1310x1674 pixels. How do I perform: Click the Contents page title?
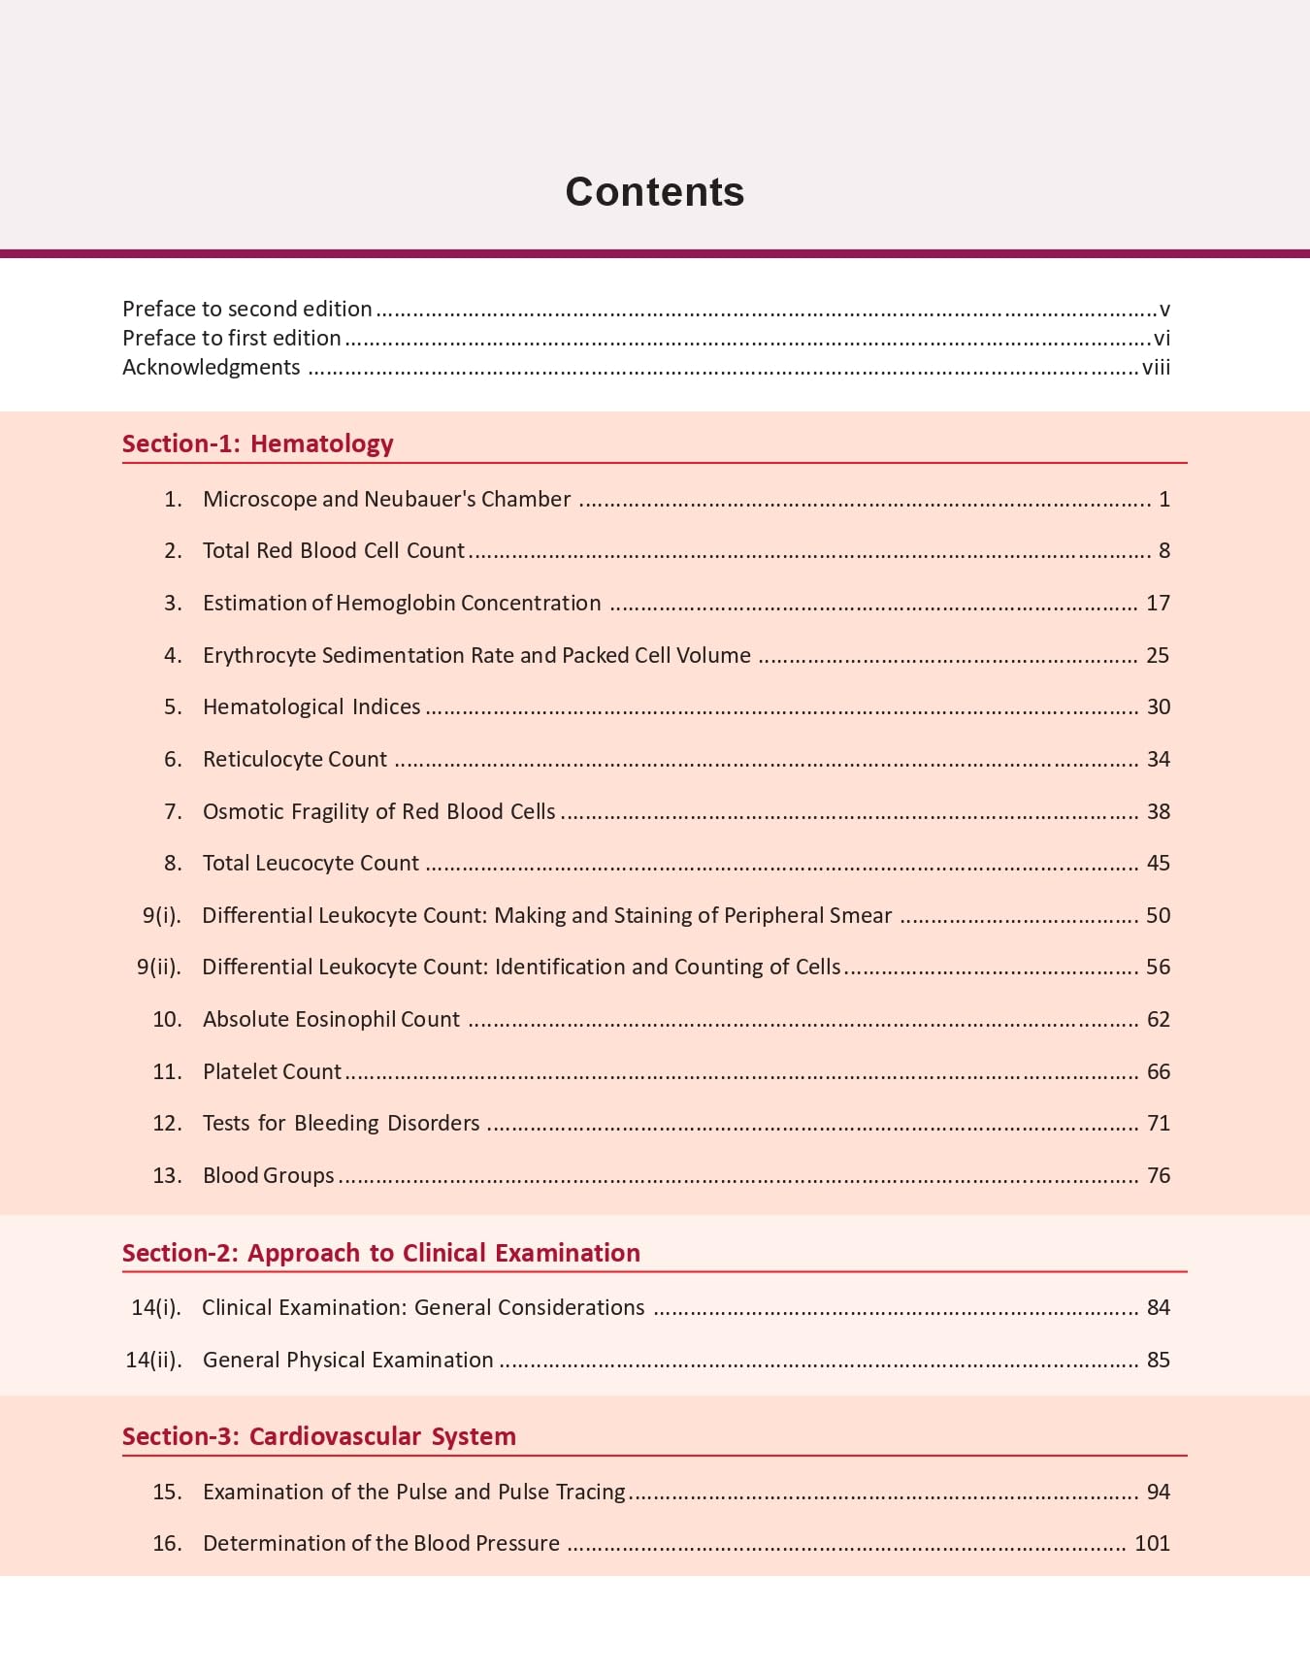pos(655,192)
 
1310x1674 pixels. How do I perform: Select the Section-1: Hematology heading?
pos(257,443)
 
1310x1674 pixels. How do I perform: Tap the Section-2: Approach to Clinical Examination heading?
pos(380,1253)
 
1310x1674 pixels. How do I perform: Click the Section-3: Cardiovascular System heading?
pos(318,1436)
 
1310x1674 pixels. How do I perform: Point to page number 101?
pos(1152,1543)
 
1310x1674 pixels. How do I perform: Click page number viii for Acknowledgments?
pos(1156,367)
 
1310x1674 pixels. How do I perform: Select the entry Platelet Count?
pos(272,1071)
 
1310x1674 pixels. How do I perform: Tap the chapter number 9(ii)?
pos(158,967)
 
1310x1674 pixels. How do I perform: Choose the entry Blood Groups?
pos(268,1175)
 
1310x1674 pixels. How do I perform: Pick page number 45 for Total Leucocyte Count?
pos(1158,863)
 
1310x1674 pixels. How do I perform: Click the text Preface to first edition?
pos(231,338)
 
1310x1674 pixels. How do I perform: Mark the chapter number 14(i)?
pos(155,1307)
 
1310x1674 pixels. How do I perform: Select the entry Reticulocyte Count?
pos(294,759)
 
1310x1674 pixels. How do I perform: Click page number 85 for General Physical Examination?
pos(1158,1360)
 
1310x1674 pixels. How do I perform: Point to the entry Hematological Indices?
pos(311,706)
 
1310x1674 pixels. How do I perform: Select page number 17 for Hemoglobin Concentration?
pos(1158,603)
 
